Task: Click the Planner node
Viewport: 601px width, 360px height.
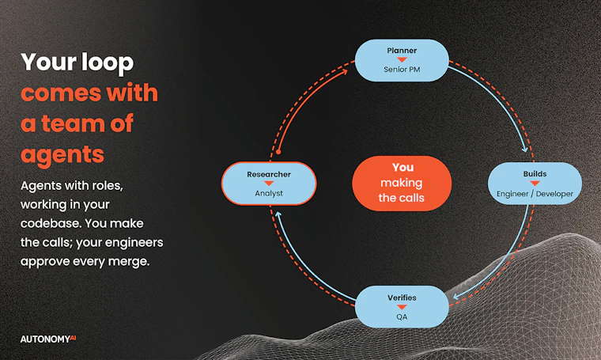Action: (402, 60)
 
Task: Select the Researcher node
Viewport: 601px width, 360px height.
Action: (269, 184)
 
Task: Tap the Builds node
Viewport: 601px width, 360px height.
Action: (535, 184)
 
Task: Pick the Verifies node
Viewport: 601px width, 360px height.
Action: (402, 307)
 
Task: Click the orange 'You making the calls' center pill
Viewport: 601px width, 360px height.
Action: (402, 184)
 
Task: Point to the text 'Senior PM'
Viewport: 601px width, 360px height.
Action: (402, 70)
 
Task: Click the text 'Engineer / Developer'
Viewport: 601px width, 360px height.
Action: (535, 194)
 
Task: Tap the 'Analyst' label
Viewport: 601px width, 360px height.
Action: (269, 193)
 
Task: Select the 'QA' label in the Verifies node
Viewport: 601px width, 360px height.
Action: (402, 316)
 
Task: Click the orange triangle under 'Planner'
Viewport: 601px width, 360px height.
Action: (402, 60)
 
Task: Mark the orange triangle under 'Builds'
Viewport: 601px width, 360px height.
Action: (535, 184)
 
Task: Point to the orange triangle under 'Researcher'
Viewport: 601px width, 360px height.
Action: (269, 184)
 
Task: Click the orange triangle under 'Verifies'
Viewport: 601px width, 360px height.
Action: (402, 307)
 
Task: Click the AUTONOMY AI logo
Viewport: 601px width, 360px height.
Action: (48, 339)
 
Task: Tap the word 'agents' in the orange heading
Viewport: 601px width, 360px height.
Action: (62, 154)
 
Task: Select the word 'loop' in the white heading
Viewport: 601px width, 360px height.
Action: (108, 63)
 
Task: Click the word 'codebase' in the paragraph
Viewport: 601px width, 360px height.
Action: (50, 223)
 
